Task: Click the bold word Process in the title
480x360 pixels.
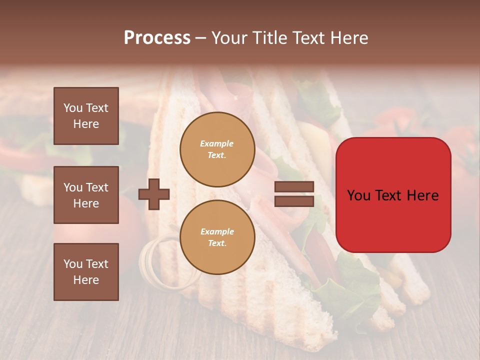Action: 157,38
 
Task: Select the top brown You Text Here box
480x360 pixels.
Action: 86,116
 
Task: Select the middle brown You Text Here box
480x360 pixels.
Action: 86,195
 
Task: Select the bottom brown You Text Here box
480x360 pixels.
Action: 86,272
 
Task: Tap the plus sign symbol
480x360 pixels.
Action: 153,194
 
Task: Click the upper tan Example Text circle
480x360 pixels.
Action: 217,149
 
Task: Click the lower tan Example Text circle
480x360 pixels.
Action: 217,237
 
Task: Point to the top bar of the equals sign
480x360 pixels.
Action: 294,187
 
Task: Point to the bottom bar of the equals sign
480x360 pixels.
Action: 294,201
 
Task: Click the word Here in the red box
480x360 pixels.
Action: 422,195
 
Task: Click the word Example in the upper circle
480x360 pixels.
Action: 217,143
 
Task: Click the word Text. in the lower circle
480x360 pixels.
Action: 217,243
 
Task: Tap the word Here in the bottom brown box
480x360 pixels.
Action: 86,280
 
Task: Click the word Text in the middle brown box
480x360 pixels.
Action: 96,187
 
